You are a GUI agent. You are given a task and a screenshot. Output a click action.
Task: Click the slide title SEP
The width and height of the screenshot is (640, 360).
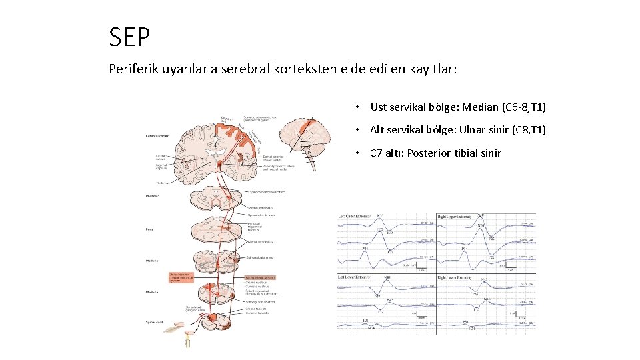point(130,37)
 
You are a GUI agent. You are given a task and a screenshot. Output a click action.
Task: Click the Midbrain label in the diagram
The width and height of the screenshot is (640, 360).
point(153,196)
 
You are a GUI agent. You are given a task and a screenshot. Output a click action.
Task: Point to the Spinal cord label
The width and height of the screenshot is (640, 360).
point(154,323)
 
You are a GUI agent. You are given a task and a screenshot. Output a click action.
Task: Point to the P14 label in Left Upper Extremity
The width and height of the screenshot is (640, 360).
point(365,249)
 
